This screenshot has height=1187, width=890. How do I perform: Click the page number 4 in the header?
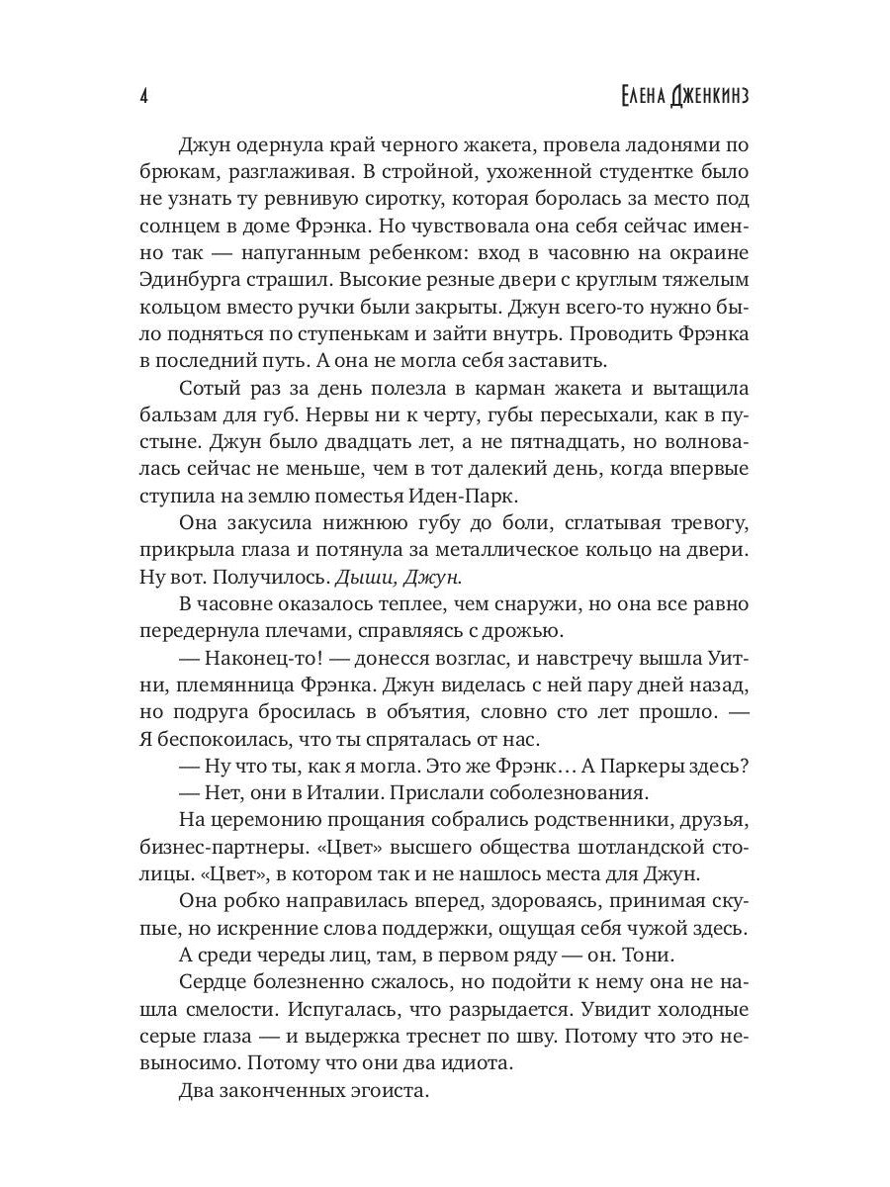pos(144,96)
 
